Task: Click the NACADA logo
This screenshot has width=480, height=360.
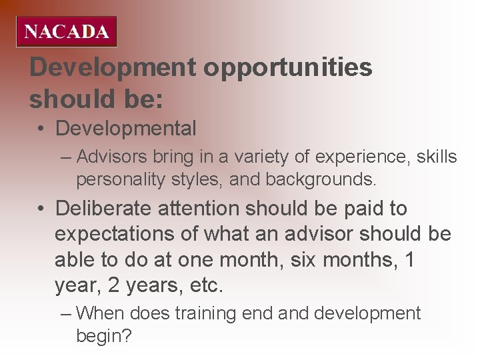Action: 67,31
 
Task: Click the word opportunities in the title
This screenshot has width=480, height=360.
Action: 287,67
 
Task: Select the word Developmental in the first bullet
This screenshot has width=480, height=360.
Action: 125,128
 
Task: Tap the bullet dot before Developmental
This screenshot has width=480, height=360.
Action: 41,129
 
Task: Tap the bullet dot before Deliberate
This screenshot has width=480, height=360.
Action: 41,209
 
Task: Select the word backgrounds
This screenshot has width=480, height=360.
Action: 321,179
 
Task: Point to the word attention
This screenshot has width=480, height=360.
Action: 199,209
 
